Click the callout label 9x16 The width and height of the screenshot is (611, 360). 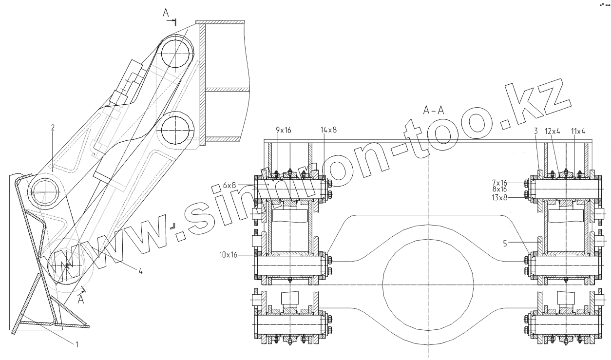pos(284,130)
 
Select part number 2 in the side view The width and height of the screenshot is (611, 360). pos(53,128)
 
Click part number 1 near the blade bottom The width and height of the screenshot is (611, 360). pos(76,344)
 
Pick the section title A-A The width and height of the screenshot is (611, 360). pos(433,111)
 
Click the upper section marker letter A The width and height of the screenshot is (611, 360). pos(166,14)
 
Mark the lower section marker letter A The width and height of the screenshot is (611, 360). pos(81,300)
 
